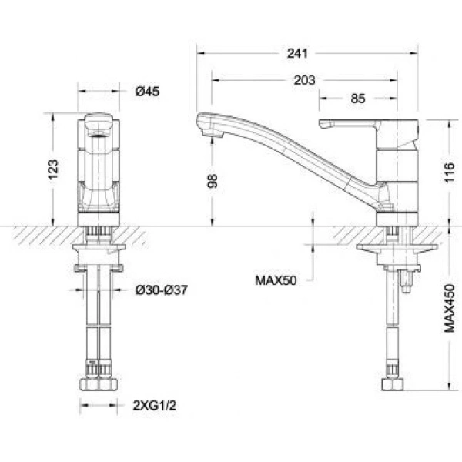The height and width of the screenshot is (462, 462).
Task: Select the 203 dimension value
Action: click(303, 80)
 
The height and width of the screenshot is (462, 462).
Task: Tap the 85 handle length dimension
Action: click(357, 99)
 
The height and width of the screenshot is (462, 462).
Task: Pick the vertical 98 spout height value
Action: click(213, 180)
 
